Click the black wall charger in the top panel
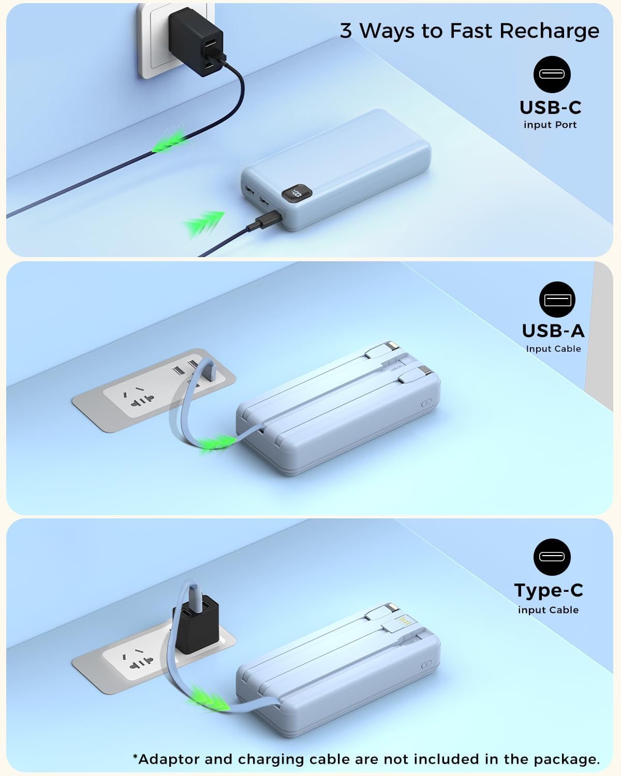[x=197, y=41]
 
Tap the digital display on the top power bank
[x=297, y=193]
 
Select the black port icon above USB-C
[x=552, y=74]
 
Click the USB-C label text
[x=551, y=108]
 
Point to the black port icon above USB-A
[x=557, y=300]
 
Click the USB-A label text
[x=553, y=331]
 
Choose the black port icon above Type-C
[x=552, y=557]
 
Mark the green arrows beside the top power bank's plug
[x=204, y=223]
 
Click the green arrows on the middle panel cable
[x=217, y=442]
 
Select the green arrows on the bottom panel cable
[x=210, y=698]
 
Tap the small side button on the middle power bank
[x=426, y=402]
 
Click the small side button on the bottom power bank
[x=426, y=664]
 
